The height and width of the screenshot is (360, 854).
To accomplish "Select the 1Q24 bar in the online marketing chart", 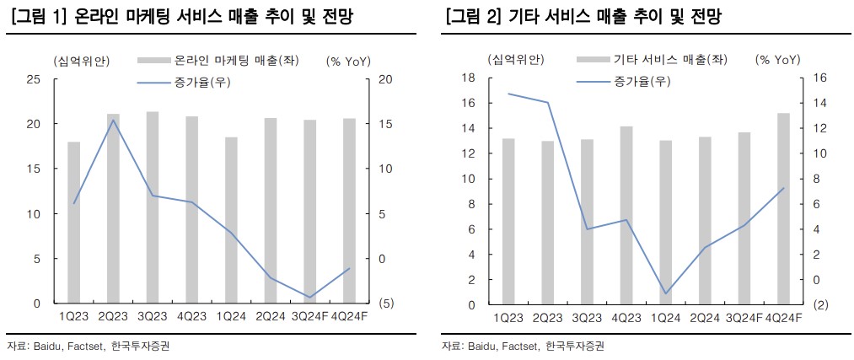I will point(230,220).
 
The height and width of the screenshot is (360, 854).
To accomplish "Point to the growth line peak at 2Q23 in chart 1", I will point(113,120).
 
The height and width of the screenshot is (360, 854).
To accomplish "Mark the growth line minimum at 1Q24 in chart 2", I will point(666,293).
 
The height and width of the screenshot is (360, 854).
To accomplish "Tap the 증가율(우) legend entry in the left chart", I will point(198,82).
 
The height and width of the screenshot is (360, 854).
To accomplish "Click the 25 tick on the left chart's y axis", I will point(34,79).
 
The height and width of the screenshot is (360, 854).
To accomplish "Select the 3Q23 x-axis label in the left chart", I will point(153,316).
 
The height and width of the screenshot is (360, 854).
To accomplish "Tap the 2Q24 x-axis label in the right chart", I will point(705,318).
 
